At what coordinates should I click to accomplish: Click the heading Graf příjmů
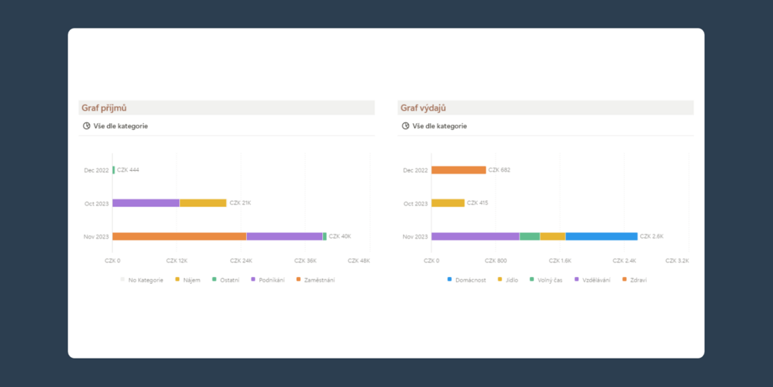pyautogui.click(x=105, y=108)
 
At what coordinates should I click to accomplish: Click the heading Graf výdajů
pyautogui.click(x=423, y=108)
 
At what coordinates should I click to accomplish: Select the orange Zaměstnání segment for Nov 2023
pyautogui.click(x=179, y=236)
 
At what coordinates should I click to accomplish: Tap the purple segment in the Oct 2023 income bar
pyautogui.click(x=146, y=203)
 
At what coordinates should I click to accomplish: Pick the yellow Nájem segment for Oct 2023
pyautogui.click(x=203, y=203)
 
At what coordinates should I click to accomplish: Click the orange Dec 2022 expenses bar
pyautogui.click(x=458, y=170)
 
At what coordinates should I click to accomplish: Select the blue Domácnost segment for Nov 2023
pyautogui.click(x=601, y=236)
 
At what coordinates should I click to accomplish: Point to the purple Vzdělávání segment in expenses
pyautogui.click(x=475, y=236)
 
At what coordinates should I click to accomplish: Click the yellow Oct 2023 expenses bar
pyautogui.click(x=448, y=203)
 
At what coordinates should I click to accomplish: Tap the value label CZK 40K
pyautogui.click(x=340, y=236)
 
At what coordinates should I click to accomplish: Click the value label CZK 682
pyautogui.click(x=499, y=170)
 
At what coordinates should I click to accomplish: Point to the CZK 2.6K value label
pyautogui.click(x=651, y=236)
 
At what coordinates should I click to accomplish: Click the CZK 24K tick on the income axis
pyautogui.click(x=241, y=261)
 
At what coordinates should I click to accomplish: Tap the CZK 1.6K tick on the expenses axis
pyautogui.click(x=560, y=261)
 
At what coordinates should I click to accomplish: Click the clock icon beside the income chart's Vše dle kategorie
pyautogui.click(x=86, y=125)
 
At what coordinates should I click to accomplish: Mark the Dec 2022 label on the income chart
pyautogui.click(x=96, y=170)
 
